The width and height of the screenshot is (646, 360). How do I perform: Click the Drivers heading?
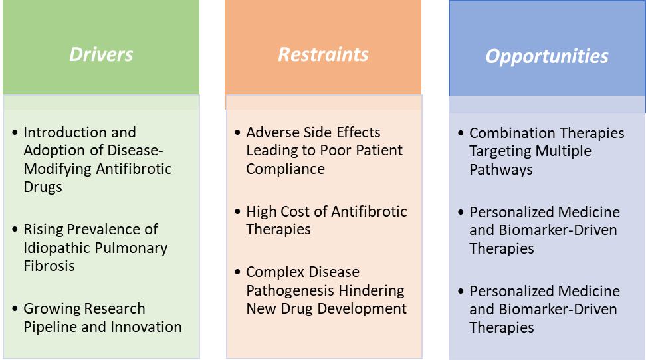pyautogui.click(x=101, y=54)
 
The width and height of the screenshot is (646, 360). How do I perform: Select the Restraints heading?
pyautogui.click(x=323, y=54)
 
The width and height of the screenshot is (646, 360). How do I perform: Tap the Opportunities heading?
pyautogui.click(x=547, y=56)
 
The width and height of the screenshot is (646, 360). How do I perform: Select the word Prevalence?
pyautogui.click(x=104, y=229)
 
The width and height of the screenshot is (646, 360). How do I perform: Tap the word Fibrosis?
pyautogui.click(x=49, y=266)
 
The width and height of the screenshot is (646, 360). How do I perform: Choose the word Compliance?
pyautogui.click(x=286, y=169)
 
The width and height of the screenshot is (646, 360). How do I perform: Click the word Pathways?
pyautogui.click(x=501, y=169)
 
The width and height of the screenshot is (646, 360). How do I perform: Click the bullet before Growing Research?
pyautogui.click(x=15, y=308)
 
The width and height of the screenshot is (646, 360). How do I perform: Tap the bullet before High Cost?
pyautogui.click(x=238, y=211)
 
